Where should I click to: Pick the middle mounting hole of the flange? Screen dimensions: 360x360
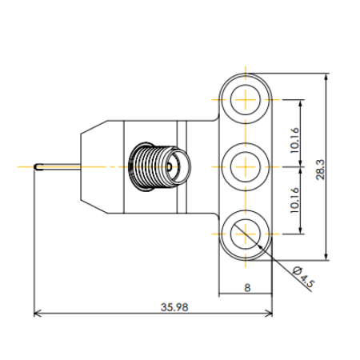pos(245,166)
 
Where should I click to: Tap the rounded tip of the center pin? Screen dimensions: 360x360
pos(37,167)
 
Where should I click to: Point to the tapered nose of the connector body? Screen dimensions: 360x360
pos(94,166)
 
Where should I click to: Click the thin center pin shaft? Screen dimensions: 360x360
pos(60,167)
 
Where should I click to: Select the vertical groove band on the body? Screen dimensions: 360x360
pos(182,166)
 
